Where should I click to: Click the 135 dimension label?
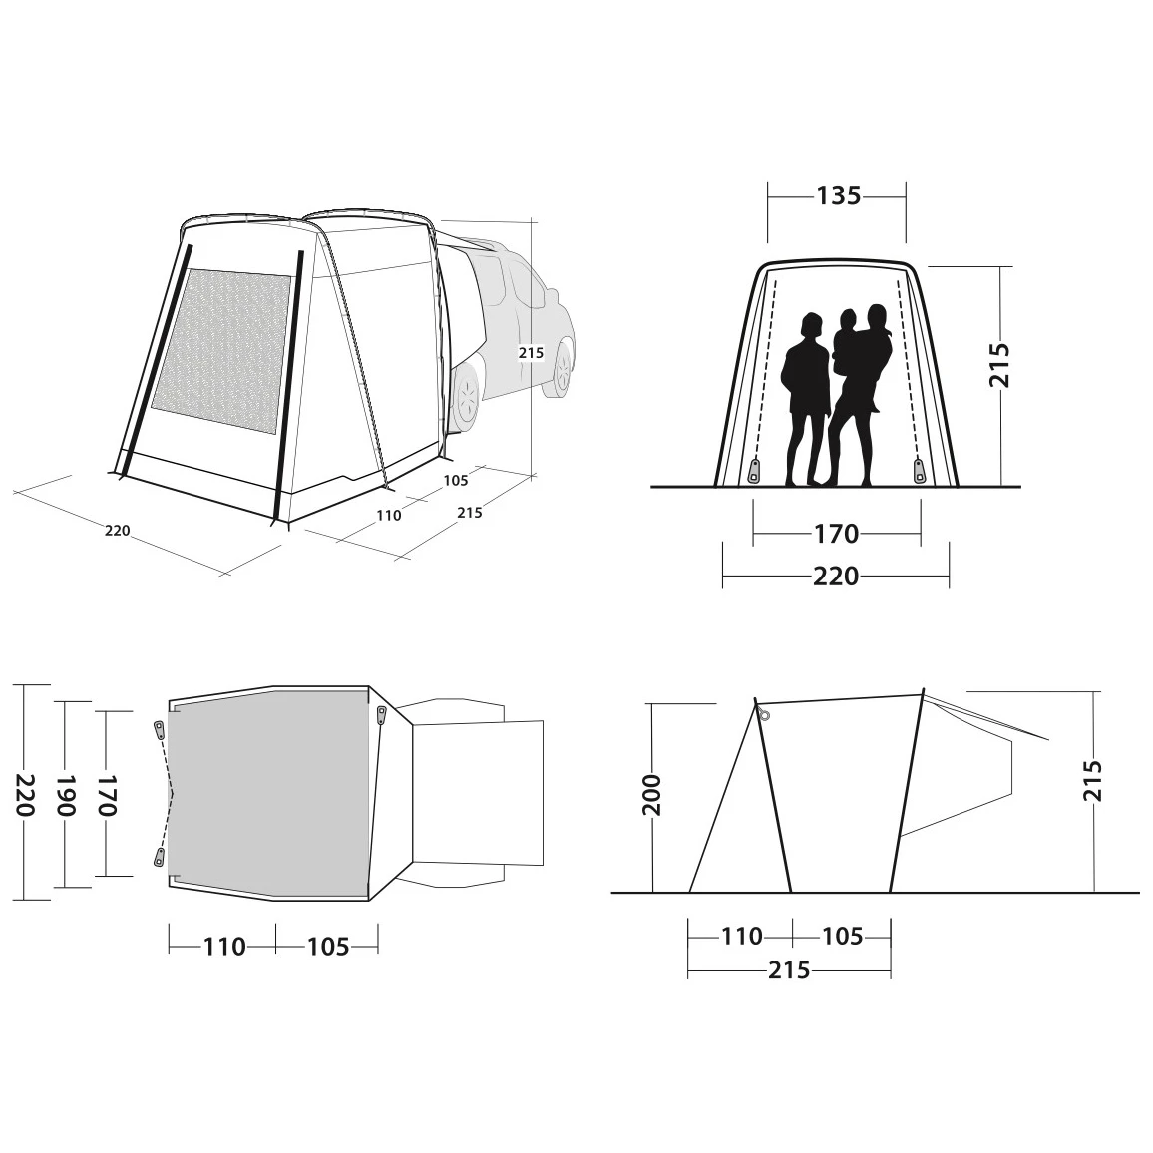838,195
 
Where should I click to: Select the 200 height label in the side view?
652,795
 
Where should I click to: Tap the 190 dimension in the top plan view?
66,795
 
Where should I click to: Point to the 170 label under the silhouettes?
836,534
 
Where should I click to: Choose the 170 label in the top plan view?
107,795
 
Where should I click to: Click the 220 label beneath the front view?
836,576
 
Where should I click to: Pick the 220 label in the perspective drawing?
117,531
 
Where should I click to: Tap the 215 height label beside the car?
531,353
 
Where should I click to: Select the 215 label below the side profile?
789,969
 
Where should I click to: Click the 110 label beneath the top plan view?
224,946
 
